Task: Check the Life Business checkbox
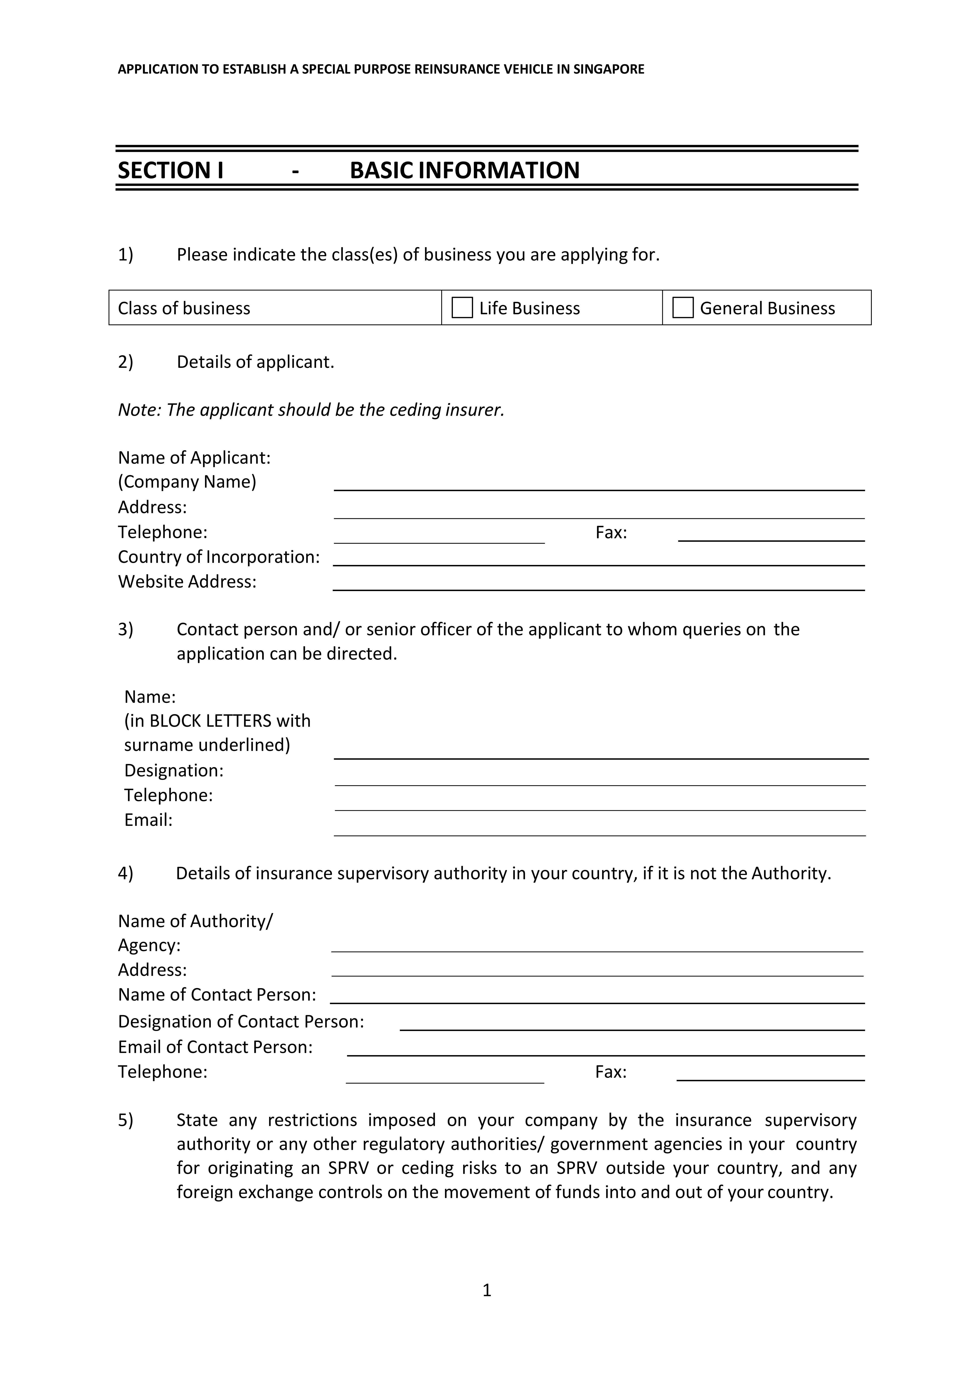(462, 308)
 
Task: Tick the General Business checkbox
(683, 308)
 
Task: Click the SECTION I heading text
(171, 171)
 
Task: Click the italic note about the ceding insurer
(311, 410)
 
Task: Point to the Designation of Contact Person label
(241, 1021)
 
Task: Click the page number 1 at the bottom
(487, 1290)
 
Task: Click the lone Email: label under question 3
(148, 820)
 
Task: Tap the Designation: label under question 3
(173, 771)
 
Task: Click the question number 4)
(125, 873)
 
